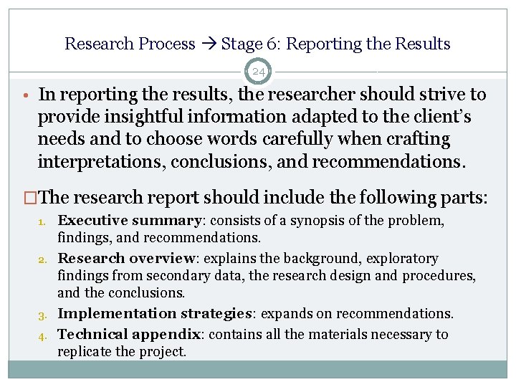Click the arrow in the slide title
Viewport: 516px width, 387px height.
(x=208, y=44)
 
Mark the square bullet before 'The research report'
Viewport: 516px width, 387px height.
(x=30, y=198)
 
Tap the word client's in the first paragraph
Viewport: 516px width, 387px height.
(x=437, y=117)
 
